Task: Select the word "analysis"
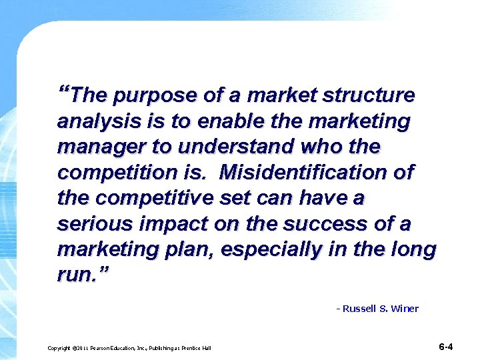(x=90, y=123)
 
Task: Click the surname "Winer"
(x=405, y=309)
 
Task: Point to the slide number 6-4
(x=446, y=347)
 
